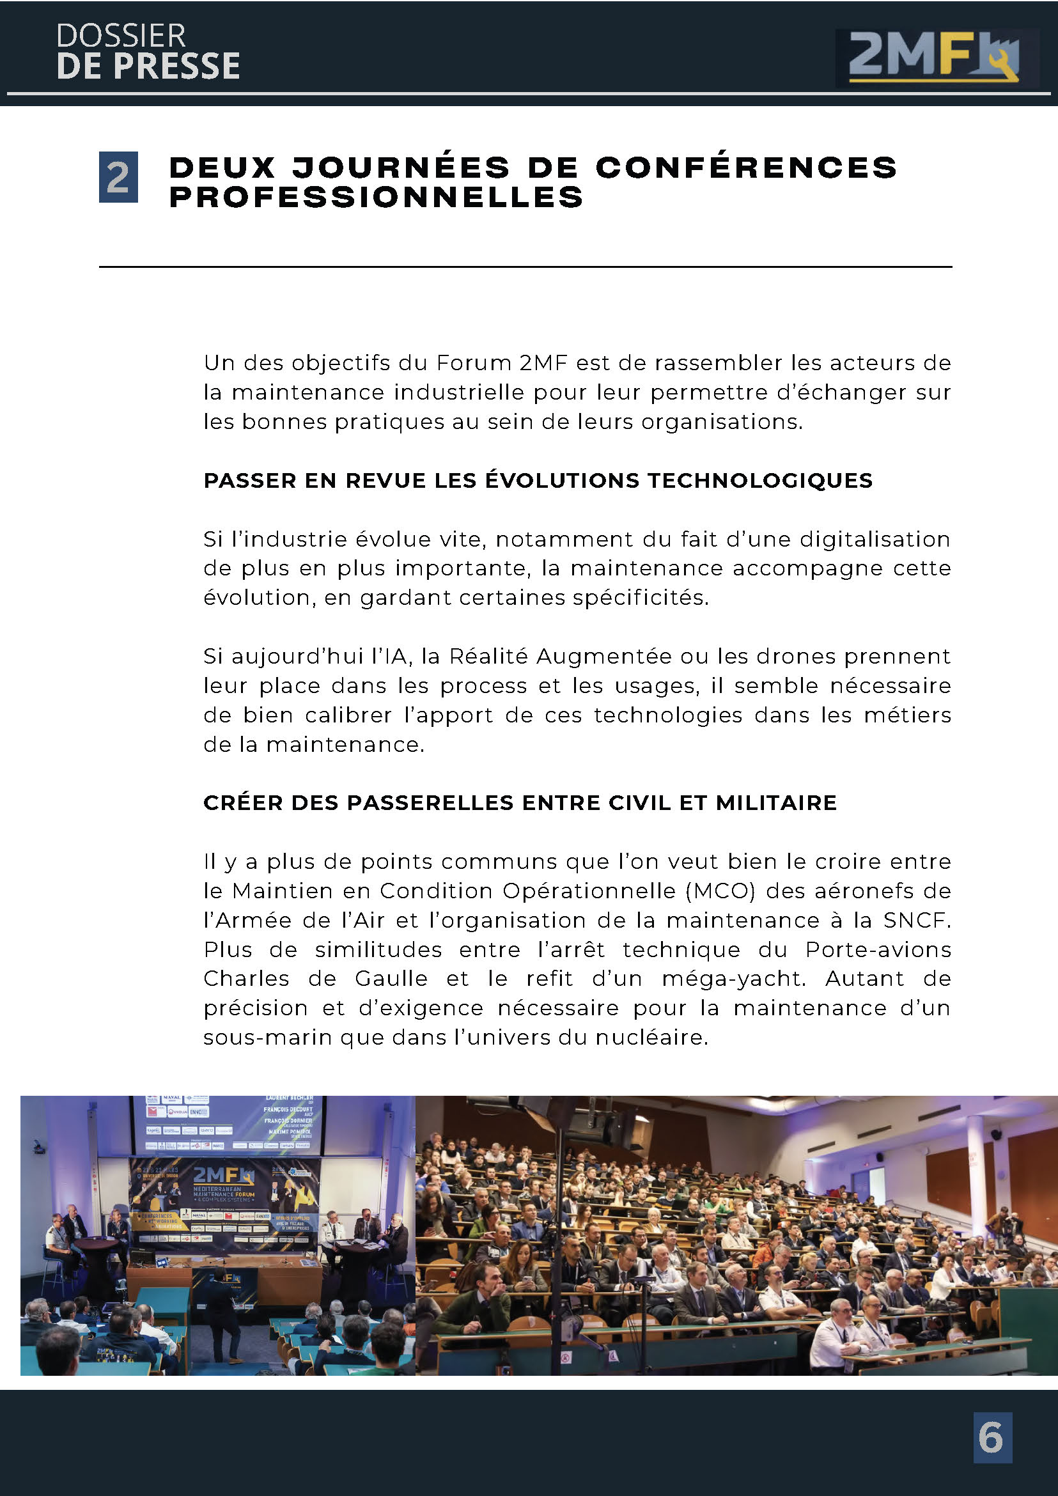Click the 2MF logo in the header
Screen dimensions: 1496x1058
point(933,58)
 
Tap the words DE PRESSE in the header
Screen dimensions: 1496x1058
point(148,66)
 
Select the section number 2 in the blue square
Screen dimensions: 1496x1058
point(118,176)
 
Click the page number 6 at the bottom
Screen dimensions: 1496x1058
point(992,1437)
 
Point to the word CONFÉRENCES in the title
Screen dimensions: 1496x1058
point(746,168)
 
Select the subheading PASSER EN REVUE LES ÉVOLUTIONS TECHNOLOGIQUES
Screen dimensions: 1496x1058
point(538,481)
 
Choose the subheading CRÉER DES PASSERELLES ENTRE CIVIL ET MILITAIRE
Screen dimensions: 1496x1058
point(520,803)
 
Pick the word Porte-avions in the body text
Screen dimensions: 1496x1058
point(878,949)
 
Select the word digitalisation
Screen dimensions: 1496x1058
point(875,540)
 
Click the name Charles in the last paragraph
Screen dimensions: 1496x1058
point(246,979)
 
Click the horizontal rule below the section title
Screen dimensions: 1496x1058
point(525,267)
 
